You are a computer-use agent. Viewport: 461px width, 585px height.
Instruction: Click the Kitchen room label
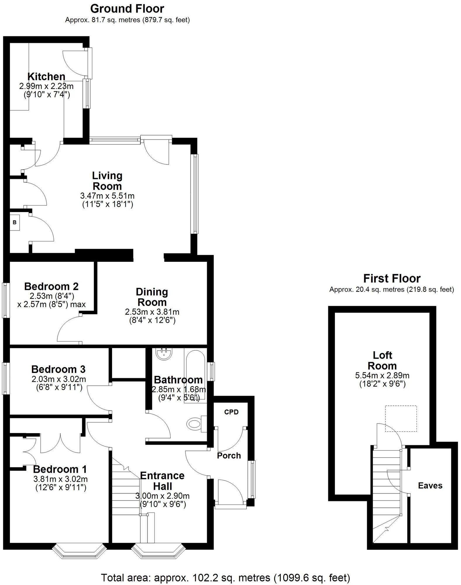(x=46, y=77)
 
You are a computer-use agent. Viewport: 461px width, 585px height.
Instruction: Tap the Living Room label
(x=107, y=181)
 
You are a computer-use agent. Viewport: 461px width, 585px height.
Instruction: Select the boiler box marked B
(x=15, y=223)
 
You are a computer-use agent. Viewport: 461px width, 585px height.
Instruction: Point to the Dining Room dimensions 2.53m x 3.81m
(x=152, y=312)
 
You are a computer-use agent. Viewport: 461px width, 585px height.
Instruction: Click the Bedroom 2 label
(x=51, y=286)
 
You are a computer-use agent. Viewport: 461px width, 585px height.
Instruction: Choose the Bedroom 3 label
(x=58, y=369)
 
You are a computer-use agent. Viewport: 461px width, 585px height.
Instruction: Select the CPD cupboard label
(x=231, y=412)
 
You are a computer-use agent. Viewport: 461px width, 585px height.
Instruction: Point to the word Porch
(x=229, y=455)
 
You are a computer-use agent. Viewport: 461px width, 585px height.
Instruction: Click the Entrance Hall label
(x=162, y=481)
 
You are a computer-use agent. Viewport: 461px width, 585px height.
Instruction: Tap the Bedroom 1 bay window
(x=80, y=552)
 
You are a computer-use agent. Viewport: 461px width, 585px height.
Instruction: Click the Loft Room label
(x=382, y=360)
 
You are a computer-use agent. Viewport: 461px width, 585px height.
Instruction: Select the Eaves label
(x=430, y=486)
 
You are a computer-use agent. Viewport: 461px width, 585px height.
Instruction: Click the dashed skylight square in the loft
(x=401, y=418)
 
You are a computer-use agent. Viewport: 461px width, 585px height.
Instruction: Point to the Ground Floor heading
(x=127, y=9)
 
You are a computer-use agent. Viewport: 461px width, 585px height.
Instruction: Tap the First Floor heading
(x=392, y=278)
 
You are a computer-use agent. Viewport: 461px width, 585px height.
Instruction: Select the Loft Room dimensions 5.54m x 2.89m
(x=382, y=375)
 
